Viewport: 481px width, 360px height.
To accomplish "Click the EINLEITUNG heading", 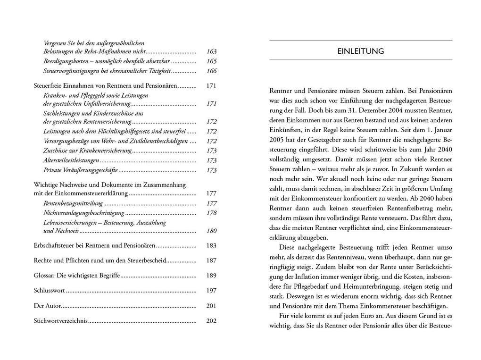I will (360, 51).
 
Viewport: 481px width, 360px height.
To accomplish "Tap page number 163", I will (211, 51).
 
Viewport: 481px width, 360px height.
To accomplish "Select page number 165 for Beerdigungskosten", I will (211, 61).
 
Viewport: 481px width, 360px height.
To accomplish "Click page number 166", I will (211, 71).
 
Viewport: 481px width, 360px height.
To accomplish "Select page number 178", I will (211, 213).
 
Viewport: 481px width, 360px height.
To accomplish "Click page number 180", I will (211, 231).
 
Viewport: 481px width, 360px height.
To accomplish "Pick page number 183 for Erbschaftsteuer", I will (211, 246).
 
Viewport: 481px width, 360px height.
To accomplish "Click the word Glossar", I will (44, 276).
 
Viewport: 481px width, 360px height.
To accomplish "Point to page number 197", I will (211, 291).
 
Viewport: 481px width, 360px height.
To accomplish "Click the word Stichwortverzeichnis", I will (61, 321).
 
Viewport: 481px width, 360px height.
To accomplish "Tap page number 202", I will (211, 321).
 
